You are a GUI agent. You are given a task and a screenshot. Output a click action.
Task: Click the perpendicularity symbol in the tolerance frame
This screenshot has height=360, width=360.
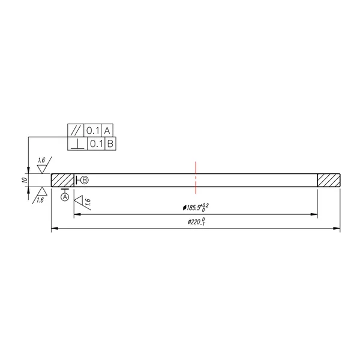tap(77, 144)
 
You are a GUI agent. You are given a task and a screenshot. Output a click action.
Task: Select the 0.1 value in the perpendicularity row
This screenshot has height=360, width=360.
tap(96, 144)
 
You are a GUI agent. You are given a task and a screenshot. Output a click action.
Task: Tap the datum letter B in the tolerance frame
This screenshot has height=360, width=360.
tap(110, 144)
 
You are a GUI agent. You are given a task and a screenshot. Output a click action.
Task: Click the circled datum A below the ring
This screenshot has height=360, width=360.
tap(65, 197)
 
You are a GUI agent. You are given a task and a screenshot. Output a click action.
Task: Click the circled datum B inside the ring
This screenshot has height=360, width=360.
tap(85, 180)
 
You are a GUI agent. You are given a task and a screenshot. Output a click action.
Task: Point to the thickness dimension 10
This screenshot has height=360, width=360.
tap(25, 180)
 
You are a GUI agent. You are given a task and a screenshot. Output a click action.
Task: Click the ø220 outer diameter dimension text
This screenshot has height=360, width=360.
tap(196, 222)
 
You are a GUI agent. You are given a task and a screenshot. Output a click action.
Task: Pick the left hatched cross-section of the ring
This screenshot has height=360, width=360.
tap(62, 180)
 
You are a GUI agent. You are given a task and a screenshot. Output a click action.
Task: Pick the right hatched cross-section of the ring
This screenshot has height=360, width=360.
tap(328, 180)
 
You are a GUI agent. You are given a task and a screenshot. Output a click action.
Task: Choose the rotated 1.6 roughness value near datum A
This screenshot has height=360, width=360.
tap(88, 203)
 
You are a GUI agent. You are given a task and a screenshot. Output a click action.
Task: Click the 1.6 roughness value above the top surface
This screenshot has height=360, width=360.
tap(41, 160)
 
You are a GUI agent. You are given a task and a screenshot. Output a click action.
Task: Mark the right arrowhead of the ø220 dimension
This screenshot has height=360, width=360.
tap(338, 229)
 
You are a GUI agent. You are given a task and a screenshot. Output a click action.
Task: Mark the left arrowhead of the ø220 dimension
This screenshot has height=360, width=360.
tap(53, 229)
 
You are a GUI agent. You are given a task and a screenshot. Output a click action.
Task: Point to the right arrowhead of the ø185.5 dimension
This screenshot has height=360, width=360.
tap(314, 214)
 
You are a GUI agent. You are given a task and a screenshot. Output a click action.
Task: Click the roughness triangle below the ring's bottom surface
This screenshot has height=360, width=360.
tap(42, 191)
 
